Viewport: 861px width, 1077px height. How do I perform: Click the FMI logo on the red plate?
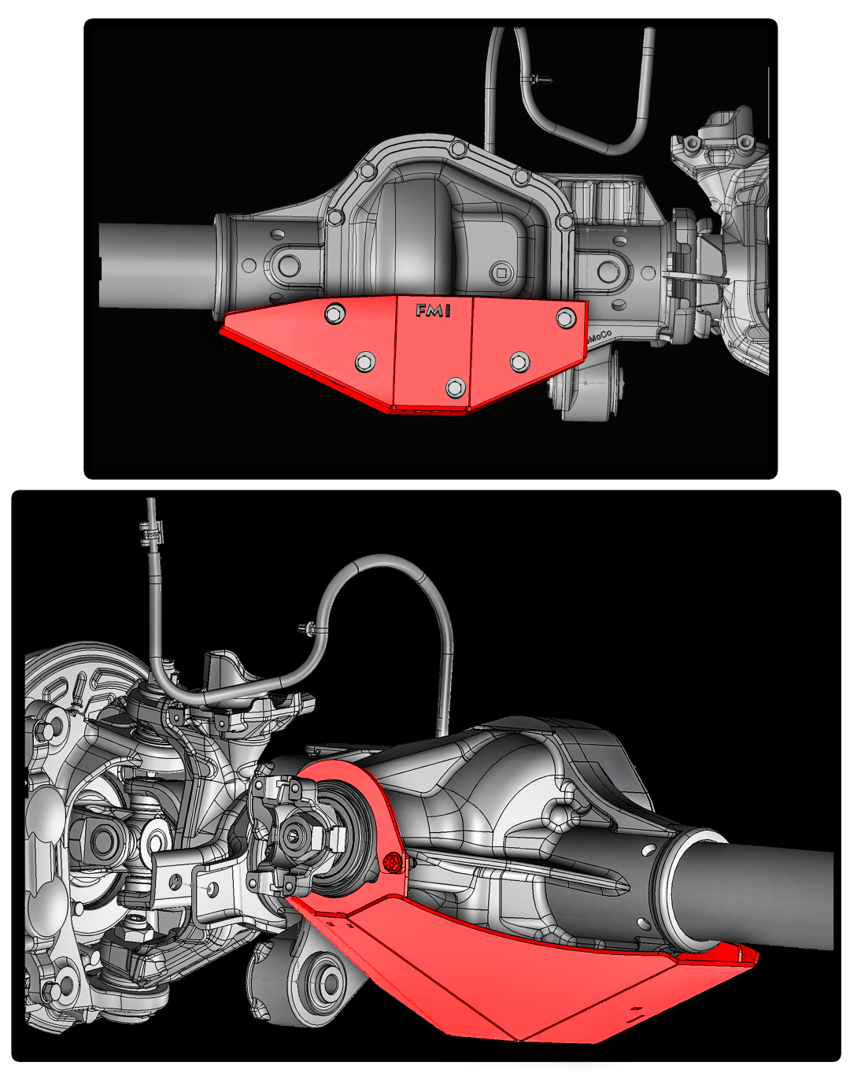[x=433, y=312]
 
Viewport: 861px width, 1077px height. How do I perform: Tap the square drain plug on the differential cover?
[x=501, y=272]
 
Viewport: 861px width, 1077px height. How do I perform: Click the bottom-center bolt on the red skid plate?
[x=455, y=387]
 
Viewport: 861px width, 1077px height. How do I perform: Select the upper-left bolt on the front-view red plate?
[x=334, y=314]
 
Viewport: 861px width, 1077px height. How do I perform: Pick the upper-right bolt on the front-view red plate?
[x=565, y=318]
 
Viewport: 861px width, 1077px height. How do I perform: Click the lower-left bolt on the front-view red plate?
[x=364, y=361]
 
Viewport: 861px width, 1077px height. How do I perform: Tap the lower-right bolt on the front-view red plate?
[x=519, y=361]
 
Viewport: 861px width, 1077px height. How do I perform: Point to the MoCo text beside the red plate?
[x=600, y=336]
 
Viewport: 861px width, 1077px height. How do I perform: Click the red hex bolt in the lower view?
[x=392, y=863]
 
